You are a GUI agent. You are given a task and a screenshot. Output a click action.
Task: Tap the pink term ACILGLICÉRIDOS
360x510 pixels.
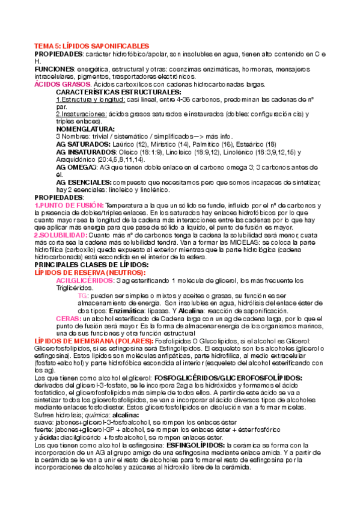[x=85, y=280]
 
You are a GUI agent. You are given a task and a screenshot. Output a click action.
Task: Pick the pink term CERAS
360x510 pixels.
[x=67, y=318]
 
